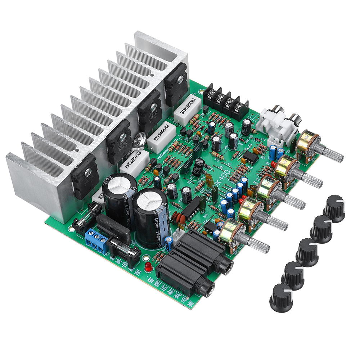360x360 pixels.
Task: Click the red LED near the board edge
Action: tap(148, 267)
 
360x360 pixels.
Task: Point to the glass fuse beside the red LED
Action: tap(124, 248)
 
